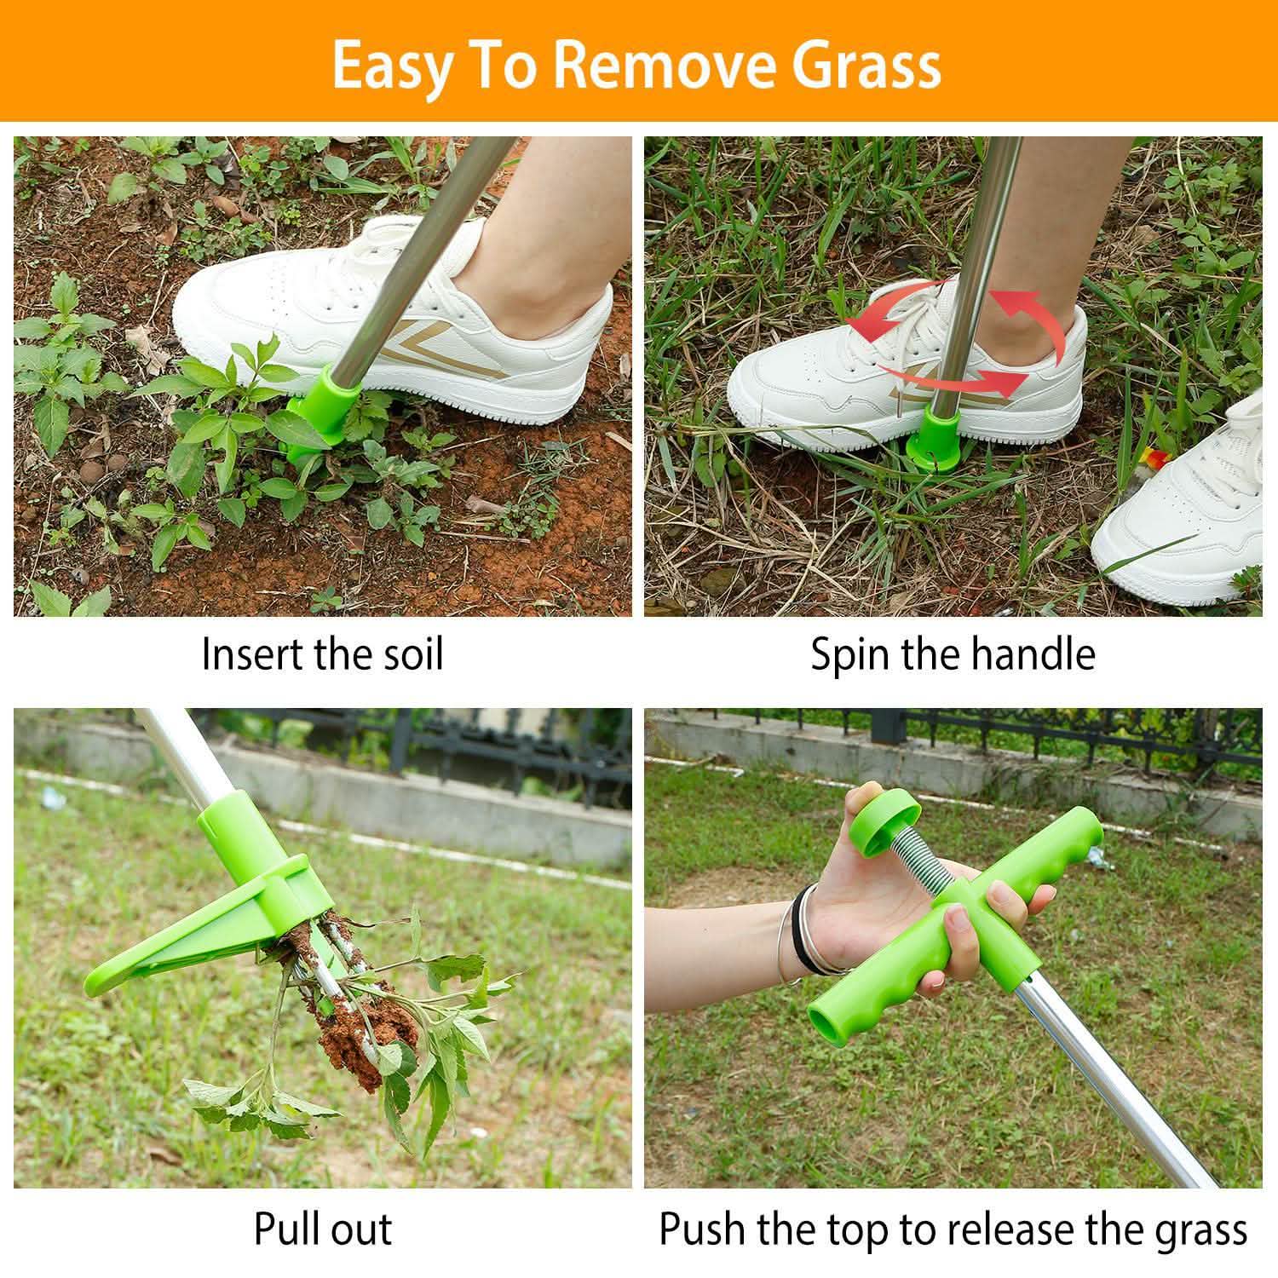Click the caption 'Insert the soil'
(322, 654)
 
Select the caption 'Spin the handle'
(953, 654)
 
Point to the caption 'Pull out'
(322, 1229)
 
